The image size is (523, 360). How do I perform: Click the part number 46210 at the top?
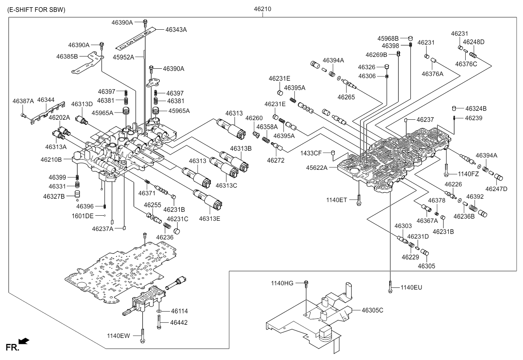263,9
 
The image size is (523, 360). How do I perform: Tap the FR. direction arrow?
24,341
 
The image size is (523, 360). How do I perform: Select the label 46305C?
373,310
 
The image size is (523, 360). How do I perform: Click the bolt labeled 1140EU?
390,287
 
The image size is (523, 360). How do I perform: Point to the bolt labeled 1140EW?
142,336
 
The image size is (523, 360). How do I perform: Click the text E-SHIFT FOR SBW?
36,10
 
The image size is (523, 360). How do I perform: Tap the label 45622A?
317,168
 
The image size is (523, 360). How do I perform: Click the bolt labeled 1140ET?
359,200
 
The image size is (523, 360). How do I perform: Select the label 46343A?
176,30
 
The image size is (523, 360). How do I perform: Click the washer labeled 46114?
159,311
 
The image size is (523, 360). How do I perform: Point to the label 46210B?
51,160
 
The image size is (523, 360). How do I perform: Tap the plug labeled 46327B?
77,194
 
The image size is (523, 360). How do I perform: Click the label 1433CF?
311,153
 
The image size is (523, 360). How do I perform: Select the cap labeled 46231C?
177,231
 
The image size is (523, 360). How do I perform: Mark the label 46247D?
496,189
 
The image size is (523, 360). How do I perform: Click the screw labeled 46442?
159,322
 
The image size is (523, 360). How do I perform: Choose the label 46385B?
67,56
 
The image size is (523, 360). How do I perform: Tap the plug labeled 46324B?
454,108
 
